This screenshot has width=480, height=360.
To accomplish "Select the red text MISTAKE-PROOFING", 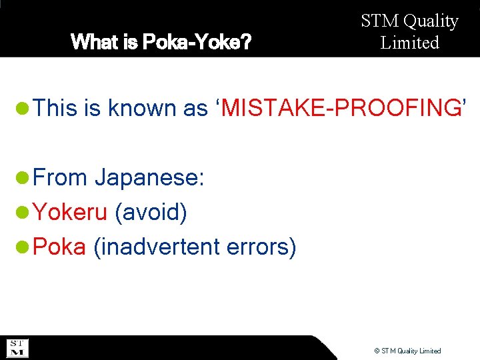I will coord(341,108).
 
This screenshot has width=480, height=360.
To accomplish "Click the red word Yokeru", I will coord(70,213).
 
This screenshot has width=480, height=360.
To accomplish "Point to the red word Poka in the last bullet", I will coord(59,247).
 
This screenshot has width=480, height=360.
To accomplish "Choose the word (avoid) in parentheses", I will coord(151,213).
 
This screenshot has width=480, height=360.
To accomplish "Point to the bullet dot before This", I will coord(23,108).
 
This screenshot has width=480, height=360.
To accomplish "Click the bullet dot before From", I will coord(23,178).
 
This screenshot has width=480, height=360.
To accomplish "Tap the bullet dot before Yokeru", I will coord(23,213).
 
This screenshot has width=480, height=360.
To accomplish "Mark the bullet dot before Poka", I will coord(23,247).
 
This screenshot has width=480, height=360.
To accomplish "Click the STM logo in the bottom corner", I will coord(17,348).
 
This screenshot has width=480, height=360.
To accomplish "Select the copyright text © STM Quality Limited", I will coord(407,351).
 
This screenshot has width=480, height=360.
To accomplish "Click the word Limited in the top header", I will coord(410,43).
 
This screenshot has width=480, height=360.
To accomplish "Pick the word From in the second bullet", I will coord(60,178).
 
